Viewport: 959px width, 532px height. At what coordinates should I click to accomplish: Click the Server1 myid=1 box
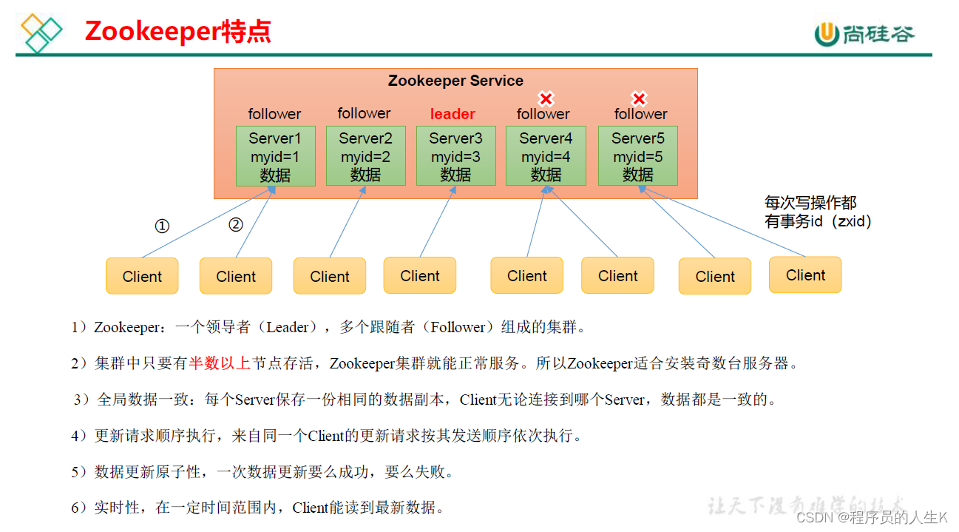(276, 156)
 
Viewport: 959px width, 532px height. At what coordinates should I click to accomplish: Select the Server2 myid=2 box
(365, 155)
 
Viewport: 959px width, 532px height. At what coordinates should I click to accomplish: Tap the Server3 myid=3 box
(456, 155)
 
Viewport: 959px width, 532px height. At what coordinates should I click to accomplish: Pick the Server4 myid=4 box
(546, 155)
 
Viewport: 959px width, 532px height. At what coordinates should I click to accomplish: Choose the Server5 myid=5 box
(638, 155)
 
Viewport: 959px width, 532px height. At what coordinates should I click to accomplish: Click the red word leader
(453, 114)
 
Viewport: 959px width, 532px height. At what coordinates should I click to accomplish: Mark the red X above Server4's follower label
(546, 98)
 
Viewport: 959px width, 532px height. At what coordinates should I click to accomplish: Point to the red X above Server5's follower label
(639, 98)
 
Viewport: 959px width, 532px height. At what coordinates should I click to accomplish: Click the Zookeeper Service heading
(455, 81)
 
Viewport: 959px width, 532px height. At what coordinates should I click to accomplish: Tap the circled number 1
(162, 226)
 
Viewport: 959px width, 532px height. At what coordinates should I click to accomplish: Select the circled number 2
(235, 224)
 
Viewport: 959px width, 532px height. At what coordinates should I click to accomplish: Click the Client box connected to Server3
(419, 275)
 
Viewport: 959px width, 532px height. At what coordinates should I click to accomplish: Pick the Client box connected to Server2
(330, 276)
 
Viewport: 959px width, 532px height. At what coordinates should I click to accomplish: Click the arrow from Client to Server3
(438, 222)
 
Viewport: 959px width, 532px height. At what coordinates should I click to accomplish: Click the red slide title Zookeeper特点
(177, 31)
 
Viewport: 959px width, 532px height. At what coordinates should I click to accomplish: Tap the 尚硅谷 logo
(864, 34)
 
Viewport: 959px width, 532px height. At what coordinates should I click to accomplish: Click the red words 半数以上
(220, 363)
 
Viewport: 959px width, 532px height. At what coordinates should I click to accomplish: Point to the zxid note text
(818, 212)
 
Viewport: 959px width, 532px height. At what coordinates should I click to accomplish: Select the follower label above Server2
(364, 113)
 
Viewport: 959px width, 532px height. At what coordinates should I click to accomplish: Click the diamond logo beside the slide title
(41, 33)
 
